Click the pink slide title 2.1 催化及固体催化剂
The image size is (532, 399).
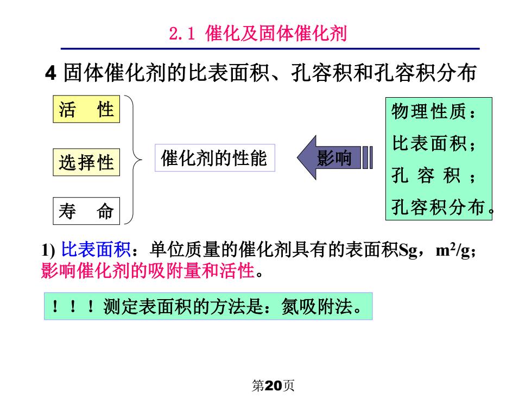click(258, 34)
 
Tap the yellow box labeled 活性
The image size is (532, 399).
click(86, 109)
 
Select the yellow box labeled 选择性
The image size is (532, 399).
click(86, 162)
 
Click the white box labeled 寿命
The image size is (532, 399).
click(86, 211)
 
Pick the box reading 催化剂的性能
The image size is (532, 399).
click(215, 158)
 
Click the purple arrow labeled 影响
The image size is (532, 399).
click(334, 157)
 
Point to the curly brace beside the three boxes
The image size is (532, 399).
click(134, 160)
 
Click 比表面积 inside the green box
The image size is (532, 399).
click(429, 143)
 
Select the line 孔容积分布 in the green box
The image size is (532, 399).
click(439, 207)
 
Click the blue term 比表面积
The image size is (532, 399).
click(96, 250)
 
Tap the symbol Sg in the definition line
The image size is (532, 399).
click(408, 250)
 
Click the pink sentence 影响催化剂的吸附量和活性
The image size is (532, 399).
click(148, 270)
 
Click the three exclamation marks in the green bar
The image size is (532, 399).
click(73, 306)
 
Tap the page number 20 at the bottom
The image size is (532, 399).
click(273, 385)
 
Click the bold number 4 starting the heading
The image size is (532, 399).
click(50, 73)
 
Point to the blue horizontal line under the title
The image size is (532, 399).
click(270, 49)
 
